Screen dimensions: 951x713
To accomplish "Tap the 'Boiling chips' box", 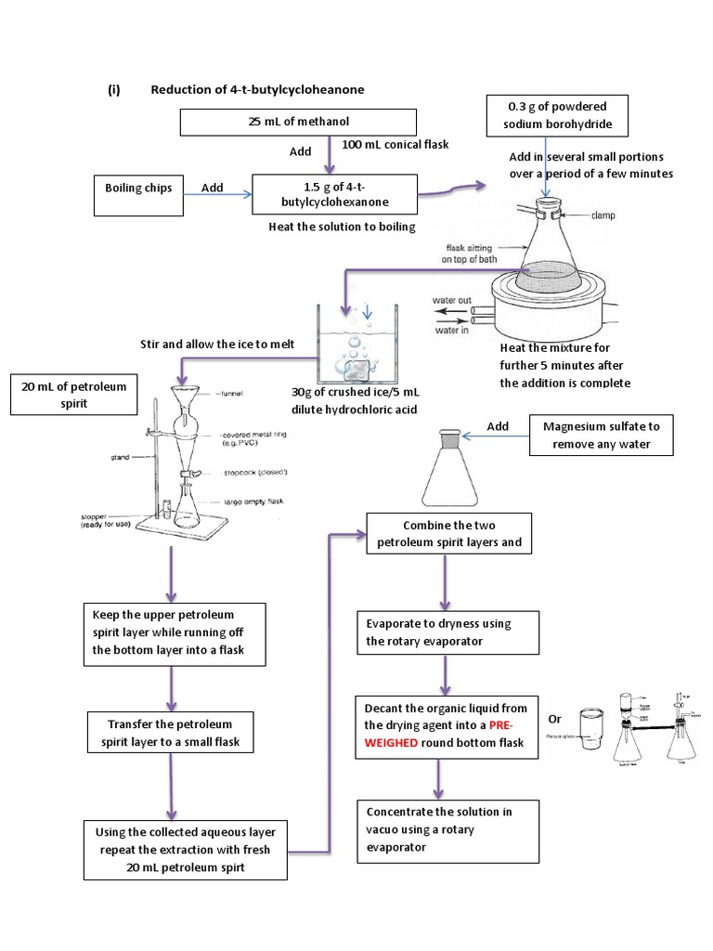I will coord(136,189).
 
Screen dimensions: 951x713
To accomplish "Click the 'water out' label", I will coord(452,300).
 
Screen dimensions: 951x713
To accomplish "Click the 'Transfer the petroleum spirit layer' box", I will coord(169,732).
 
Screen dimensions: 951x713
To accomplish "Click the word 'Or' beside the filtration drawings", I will coord(555,720).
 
